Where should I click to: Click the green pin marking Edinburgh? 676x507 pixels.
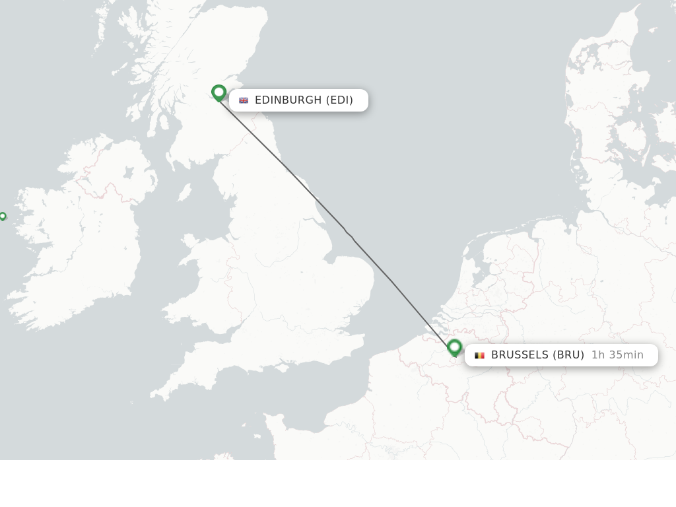tap(219, 92)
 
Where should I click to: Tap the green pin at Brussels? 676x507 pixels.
tap(454, 347)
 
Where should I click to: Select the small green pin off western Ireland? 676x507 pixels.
tap(3, 216)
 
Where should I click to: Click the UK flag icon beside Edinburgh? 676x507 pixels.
tap(244, 100)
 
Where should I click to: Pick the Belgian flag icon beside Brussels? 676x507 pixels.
tap(479, 355)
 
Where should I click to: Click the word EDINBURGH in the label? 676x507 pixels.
tap(288, 100)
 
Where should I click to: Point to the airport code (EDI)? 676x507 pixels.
tap(339, 100)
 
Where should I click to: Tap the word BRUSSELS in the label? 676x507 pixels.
tap(520, 355)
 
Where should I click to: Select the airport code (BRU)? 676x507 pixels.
tap(568, 355)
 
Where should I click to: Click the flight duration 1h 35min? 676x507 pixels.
tap(617, 355)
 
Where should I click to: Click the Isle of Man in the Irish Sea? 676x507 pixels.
tap(185, 192)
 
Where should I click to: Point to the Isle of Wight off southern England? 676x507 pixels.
tap(286, 363)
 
